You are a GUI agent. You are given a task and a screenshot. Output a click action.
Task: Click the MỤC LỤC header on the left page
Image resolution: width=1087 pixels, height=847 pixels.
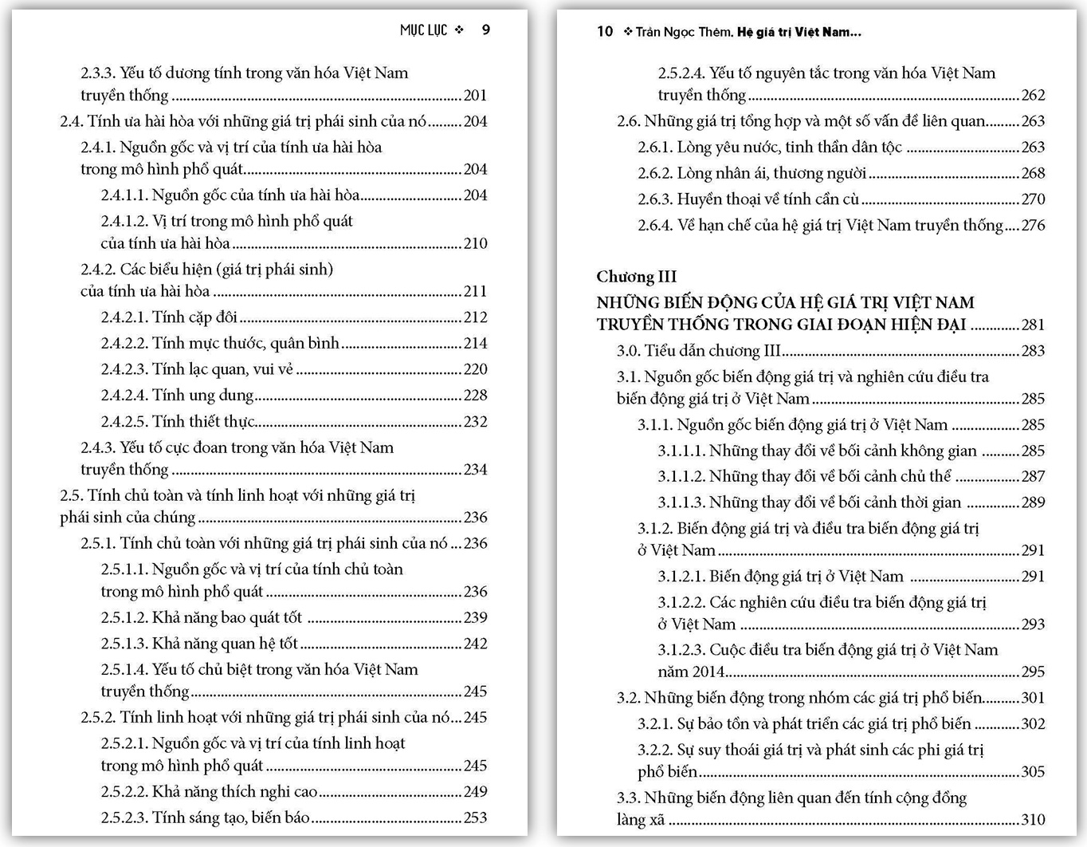click(423, 30)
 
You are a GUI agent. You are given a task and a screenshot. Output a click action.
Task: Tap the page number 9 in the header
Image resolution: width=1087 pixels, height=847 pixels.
click(486, 30)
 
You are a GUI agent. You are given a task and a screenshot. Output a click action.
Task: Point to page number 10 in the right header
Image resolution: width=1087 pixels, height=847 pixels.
click(605, 32)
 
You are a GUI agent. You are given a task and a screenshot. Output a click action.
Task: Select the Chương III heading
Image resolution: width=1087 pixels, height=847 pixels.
click(636, 277)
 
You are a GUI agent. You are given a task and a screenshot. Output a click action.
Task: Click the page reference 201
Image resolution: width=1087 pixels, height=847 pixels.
click(475, 96)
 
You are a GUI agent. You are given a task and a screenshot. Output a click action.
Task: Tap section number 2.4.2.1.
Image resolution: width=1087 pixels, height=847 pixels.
click(124, 317)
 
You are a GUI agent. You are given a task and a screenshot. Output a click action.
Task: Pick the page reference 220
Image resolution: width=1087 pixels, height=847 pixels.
click(475, 369)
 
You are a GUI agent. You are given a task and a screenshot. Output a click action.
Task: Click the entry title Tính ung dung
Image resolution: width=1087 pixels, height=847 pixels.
click(203, 396)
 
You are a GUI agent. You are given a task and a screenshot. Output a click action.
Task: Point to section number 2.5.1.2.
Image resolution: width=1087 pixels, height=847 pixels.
click(124, 618)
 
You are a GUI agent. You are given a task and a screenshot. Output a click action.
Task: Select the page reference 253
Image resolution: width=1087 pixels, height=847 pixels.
click(475, 817)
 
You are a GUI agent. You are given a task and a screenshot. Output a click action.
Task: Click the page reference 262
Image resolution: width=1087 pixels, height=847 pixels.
click(1033, 96)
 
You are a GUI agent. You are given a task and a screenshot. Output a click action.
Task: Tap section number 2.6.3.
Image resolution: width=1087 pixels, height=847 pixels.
click(655, 199)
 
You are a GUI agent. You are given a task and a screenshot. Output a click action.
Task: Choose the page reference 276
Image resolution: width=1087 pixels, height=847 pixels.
click(1033, 226)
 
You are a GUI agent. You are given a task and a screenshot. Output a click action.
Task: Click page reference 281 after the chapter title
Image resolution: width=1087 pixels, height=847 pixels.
click(1033, 325)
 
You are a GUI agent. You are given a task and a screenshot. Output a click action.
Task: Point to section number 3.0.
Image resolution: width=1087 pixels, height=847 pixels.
click(629, 351)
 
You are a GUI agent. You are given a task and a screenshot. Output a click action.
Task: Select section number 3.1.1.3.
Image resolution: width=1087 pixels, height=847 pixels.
click(681, 502)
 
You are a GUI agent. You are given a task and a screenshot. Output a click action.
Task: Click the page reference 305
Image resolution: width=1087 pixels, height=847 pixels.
click(1033, 772)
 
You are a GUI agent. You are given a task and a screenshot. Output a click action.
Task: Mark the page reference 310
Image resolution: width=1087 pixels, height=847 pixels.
click(1033, 820)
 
